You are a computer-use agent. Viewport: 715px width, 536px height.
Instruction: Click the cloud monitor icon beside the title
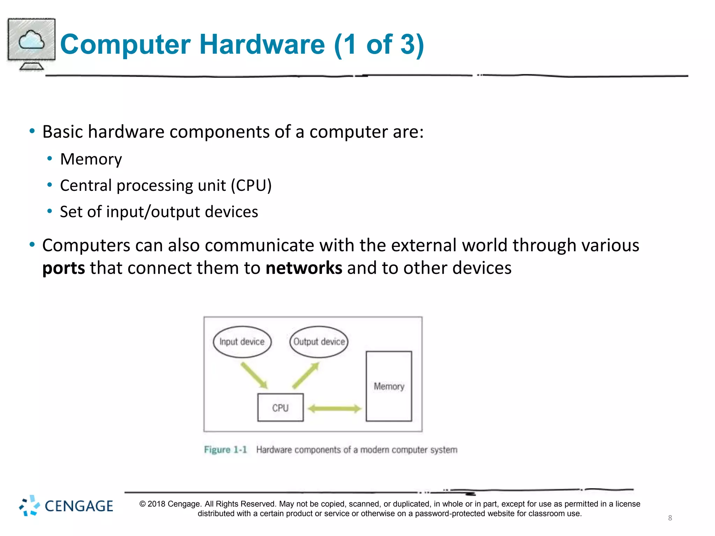click(x=31, y=44)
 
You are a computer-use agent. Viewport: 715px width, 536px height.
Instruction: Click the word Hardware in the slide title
click(x=262, y=44)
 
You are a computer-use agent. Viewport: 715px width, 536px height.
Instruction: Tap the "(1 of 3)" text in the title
click(x=379, y=44)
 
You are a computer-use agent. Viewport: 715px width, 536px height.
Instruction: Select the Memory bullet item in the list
click(x=91, y=159)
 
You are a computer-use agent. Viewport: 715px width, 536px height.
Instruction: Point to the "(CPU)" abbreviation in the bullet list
click(x=251, y=185)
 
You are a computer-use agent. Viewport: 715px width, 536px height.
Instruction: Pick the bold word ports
click(x=64, y=268)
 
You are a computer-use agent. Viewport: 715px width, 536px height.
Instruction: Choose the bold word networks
click(x=304, y=268)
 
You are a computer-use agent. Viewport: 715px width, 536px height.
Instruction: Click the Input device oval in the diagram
click(x=242, y=342)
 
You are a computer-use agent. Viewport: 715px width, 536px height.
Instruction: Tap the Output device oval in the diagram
click(x=319, y=342)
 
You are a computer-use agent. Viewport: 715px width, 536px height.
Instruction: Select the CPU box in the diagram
click(x=280, y=408)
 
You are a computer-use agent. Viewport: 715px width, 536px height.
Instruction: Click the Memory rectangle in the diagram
click(x=389, y=386)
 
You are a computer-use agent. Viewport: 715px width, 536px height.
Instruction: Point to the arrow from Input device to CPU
click(x=254, y=375)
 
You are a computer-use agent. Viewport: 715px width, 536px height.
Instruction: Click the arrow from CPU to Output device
click(x=306, y=375)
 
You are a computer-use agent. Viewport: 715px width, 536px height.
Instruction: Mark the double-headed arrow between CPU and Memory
click(x=334, y=409)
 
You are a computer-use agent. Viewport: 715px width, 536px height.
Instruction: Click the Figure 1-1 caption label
click(x=226, y=449)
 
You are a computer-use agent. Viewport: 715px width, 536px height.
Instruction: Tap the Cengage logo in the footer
click(x=66, y=506)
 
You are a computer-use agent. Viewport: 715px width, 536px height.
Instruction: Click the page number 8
click(x=670, y=518)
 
